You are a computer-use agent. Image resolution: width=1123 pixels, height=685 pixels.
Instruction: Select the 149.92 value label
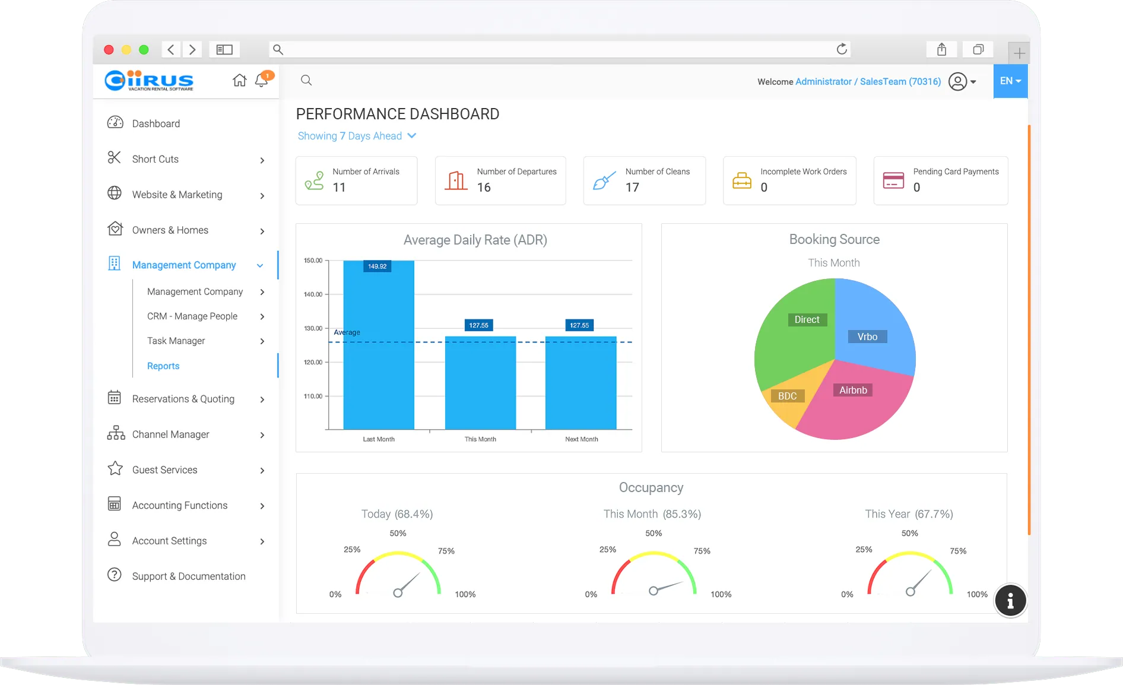point(377,267)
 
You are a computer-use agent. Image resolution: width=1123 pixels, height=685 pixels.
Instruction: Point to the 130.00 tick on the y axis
point(313,328)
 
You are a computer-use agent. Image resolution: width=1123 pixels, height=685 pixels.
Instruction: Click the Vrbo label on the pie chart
point(867,337)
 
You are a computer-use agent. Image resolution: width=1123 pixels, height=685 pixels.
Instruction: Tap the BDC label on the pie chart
point(787,396)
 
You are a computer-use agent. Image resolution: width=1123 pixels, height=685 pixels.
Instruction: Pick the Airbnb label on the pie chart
point(853,390)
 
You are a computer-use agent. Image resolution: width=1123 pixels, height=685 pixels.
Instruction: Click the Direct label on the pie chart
point(807,319)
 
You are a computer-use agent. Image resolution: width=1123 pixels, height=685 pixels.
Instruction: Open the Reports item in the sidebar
point(163,366)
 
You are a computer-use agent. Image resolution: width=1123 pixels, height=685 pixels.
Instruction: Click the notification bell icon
point(261,80)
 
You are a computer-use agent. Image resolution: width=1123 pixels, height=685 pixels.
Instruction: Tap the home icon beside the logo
point(239,80)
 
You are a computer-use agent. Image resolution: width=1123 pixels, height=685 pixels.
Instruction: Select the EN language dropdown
point(1010,81)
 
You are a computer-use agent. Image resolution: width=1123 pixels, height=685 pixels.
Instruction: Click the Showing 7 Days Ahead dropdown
point(357,136)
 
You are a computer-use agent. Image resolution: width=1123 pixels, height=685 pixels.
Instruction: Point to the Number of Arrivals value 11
point(339,188)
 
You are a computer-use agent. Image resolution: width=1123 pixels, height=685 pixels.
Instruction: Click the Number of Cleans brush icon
point(604,180)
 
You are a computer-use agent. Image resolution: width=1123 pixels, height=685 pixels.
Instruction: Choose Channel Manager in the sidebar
point(171,435)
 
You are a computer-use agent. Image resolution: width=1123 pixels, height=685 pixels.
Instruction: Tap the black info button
point(1010,600)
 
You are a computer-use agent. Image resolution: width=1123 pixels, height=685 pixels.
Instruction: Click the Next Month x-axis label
point(582,439)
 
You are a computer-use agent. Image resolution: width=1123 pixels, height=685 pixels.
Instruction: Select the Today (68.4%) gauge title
point(397,514)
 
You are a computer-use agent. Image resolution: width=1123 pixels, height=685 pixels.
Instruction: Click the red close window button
point(109,50)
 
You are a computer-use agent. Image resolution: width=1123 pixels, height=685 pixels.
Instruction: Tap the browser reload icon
point(842,49)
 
